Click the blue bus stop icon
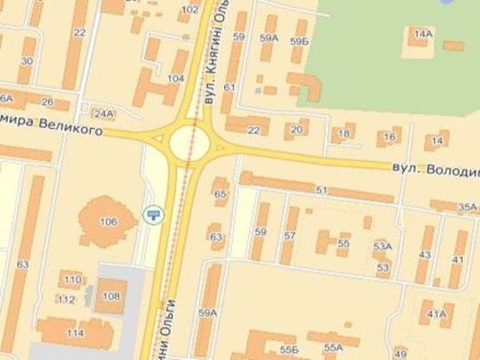coord(155,214)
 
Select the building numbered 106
coord(107,222)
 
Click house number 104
coord(176,79)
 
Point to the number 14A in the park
coord(422,34)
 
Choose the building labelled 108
coord(112,297)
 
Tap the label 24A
coord(104,113)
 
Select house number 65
coord(221,193)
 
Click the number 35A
coord(467,207)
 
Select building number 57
coord(290,235)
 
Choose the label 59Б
coord(299,41)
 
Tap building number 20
coord(297,130)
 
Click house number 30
coord(26,61)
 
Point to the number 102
coord(189,10)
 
